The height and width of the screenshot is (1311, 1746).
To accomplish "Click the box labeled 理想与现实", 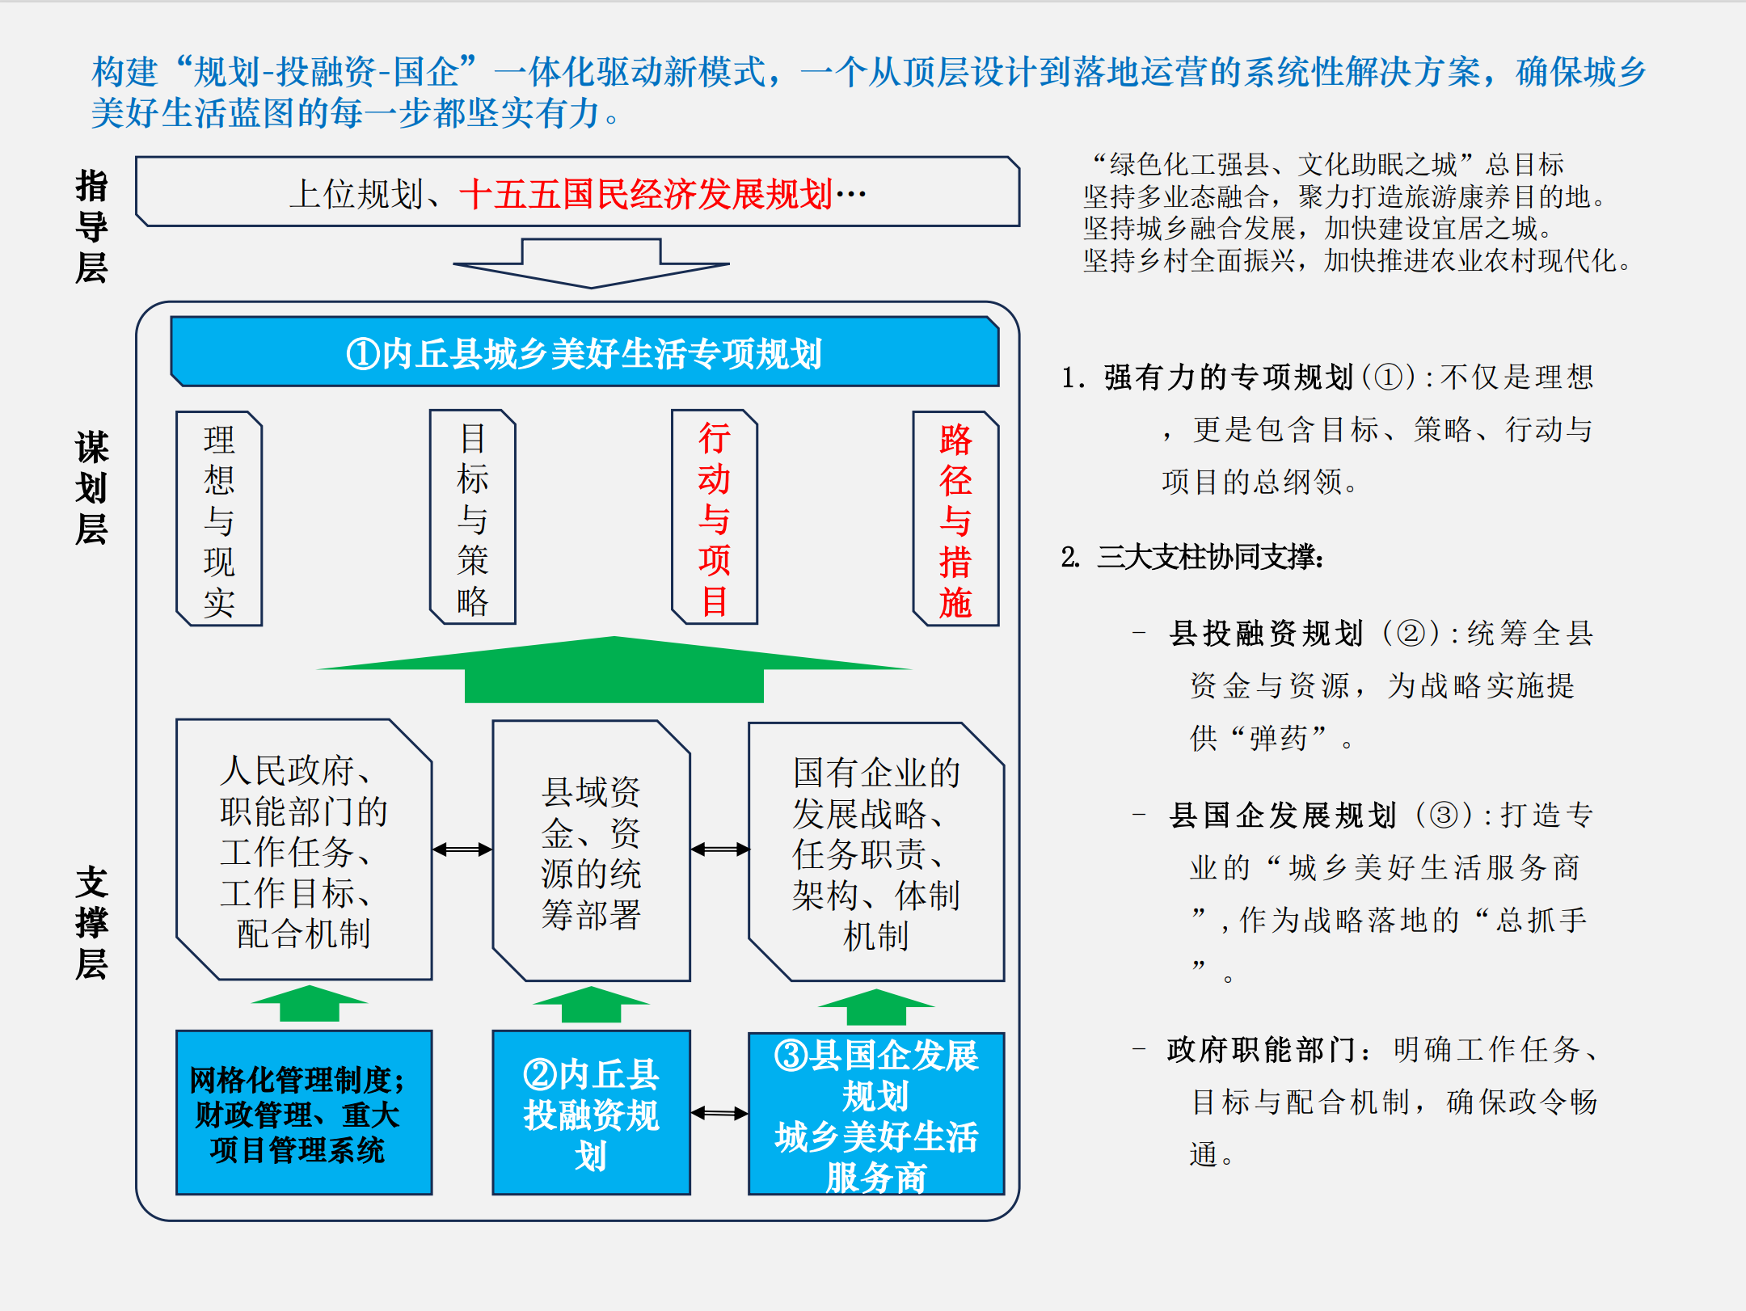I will click(219, 519).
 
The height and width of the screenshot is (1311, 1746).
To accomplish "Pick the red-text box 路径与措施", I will click(955, 519).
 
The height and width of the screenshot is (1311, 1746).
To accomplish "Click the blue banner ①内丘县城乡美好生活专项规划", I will click(584, 352).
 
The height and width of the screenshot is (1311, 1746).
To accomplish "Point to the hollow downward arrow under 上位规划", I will click(591, 263).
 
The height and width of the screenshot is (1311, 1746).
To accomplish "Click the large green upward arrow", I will click(614, 671).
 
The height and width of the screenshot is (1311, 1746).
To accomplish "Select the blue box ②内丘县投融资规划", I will click(591, 1113).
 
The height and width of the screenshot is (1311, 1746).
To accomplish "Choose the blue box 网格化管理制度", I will click(304, 1113).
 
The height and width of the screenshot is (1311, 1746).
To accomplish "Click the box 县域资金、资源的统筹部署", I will click(591, 851).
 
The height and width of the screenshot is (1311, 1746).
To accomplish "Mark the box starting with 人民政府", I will click(304, 849).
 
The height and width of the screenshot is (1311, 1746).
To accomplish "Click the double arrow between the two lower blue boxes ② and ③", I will click(719, 1113).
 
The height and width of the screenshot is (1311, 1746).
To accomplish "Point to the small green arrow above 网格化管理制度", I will click(309, 1003).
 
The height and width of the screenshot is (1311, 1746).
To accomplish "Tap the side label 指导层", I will click(91, 226).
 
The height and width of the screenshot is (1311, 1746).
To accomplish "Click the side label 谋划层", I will click(91, 487).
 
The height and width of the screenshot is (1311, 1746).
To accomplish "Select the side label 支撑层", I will click(91, 922).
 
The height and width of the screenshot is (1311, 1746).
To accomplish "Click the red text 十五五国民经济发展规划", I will click(646, 194).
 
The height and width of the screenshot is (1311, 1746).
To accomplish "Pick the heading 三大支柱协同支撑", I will click(1209, 557).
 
